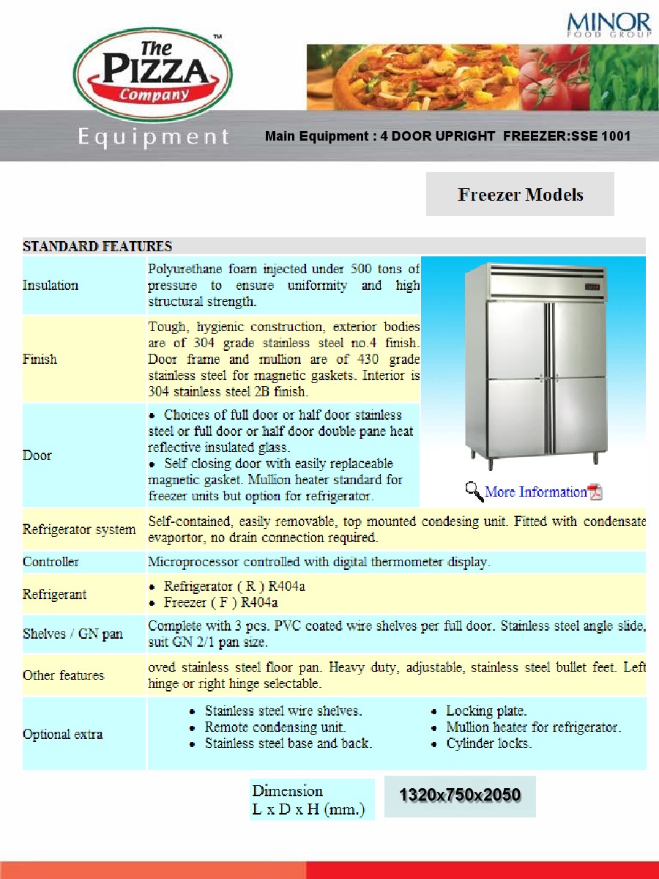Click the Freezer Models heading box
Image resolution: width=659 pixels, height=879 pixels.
coord(520,195)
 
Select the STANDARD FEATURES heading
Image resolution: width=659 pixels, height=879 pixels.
coord(97,246)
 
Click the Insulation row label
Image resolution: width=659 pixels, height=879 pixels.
coord(51,285)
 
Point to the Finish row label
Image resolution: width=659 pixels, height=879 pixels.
coord(40,359)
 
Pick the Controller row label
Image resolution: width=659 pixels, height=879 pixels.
coord(51,562)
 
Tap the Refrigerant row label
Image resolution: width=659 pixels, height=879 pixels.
coord(55,594)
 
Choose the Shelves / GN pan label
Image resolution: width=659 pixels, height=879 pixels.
coord(72,634)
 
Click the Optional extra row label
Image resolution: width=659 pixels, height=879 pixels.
coord(62,734)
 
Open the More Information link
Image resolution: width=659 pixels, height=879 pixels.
coord(536,492)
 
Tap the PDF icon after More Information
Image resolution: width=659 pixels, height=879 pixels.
coord(595,492)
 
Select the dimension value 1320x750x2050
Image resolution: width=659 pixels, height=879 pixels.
coord(460,795)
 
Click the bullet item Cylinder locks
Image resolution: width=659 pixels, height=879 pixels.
coord(488,743)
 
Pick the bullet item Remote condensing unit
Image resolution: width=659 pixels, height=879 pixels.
coord(275,727)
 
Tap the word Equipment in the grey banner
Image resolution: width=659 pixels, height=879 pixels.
coord(154,137)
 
